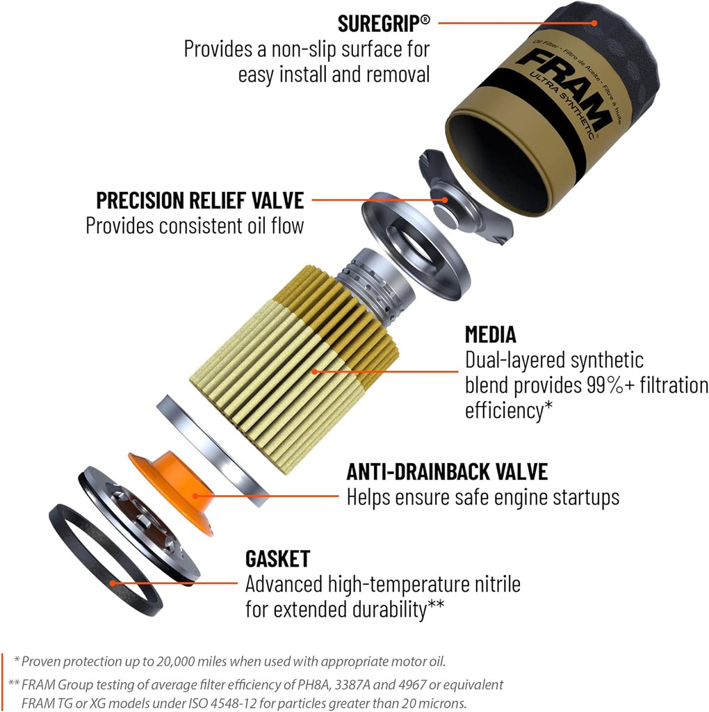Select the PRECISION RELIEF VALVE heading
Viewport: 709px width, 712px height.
tap(200, 200)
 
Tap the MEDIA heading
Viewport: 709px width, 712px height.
tap(490, 334)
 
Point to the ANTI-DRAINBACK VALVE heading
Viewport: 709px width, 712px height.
tap(447, 472)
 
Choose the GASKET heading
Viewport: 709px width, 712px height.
tap(277, 558)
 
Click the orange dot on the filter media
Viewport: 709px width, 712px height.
tap(314, 371)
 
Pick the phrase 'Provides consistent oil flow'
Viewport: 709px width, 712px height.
tap(195, 226)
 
